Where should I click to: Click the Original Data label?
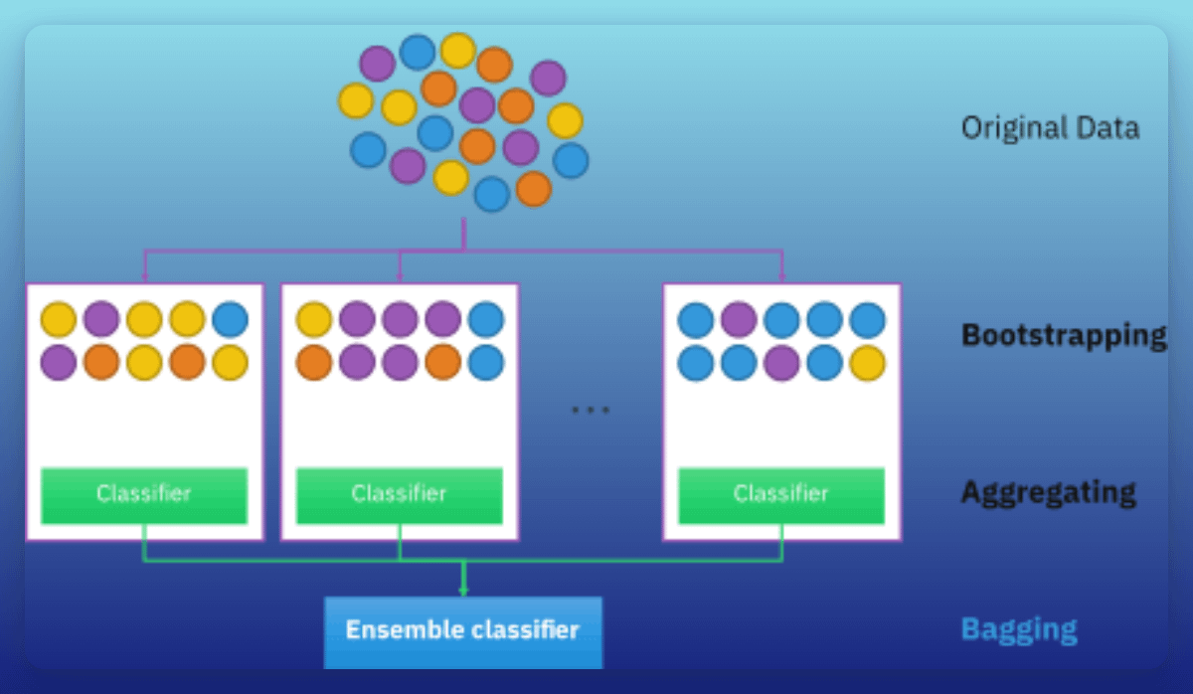click(1050, 128)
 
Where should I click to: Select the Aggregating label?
click(1048, 492)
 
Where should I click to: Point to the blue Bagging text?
click(1019, 629)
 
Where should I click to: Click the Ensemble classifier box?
click(462, 630)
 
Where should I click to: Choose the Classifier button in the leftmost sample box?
click(144, 494)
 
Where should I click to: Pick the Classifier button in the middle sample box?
click(400, 494)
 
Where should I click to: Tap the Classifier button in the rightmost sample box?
click(781, 494)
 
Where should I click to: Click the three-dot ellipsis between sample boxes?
click(590, 410)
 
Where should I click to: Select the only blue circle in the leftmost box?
click(230, 320)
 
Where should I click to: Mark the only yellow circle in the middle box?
click(314, 320)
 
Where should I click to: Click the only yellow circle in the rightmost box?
click(867, 363)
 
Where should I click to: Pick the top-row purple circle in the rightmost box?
click(739, 320)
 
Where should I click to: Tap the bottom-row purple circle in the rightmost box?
click(781, 363)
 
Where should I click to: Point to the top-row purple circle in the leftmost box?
click(101, 320)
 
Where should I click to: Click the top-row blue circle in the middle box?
click(486, 320)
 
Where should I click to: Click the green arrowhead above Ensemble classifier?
click(463, 592)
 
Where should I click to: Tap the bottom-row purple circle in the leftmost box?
click(59, 363)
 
